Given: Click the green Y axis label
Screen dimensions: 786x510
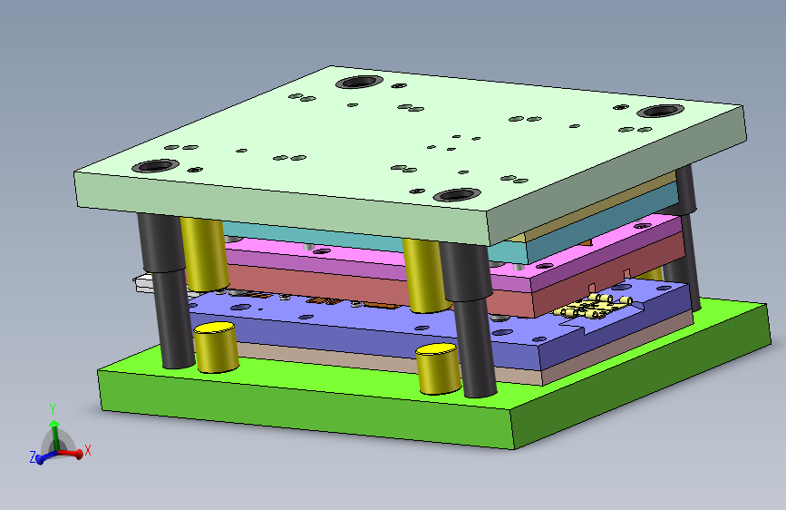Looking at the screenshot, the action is tap(53, 408).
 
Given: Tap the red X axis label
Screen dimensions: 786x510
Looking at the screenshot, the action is tap(88, 450).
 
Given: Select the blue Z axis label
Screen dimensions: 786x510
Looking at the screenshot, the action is tap(33, 456).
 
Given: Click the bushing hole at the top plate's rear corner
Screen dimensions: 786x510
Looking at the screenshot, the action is tap(359, 82).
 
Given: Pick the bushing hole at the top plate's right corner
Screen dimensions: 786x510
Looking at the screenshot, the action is tap(660, 111).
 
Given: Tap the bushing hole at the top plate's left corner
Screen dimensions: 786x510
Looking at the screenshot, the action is tap(155, 166).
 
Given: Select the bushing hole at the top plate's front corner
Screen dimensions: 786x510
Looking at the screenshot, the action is tap(457, 195).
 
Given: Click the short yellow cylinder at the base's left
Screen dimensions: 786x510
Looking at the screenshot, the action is tap(216, 348).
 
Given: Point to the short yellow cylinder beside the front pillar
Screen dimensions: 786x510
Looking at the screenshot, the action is tap(438, 369).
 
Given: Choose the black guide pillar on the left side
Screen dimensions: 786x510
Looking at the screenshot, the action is tap(167, 290).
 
